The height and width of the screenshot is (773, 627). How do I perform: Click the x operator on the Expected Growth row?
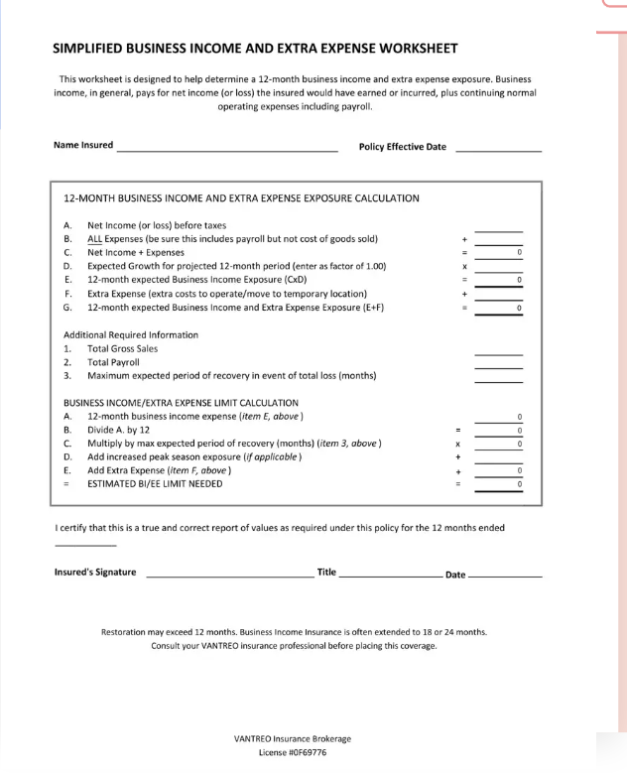pos(463,267)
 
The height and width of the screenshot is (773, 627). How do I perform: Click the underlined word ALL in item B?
pos(95,239)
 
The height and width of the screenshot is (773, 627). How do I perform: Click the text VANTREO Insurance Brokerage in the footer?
pos(292,738)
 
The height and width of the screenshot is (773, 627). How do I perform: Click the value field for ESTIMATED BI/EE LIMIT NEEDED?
pos(498,484)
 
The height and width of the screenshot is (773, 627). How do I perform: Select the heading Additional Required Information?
pos(131,335)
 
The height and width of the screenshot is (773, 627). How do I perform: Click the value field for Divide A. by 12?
pos(498,430)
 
